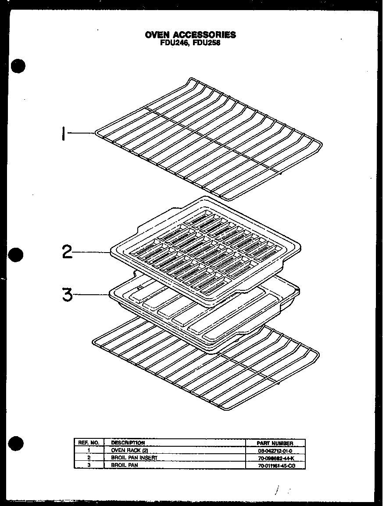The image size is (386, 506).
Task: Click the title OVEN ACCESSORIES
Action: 190,35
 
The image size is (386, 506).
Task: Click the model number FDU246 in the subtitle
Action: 174,43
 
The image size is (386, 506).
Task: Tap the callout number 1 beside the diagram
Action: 64,133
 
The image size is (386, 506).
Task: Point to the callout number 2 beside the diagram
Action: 67,252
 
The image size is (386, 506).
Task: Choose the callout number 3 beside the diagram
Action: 67,294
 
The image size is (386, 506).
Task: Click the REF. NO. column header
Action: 89,443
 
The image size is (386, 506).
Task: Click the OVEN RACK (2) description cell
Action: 127,450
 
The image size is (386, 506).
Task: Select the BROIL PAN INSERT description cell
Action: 134,458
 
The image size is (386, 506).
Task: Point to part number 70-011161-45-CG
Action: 275,465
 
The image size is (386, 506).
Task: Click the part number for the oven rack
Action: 275,451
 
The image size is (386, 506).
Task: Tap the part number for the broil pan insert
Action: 275,458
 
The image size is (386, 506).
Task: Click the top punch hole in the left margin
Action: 18,66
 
